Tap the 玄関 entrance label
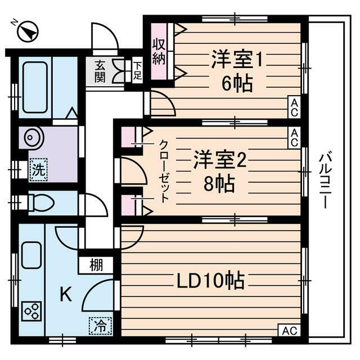[100, 71]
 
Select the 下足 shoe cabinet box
[137, 70]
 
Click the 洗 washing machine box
[38, 170]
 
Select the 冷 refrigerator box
[100, 325]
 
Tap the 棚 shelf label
[96, 264]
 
